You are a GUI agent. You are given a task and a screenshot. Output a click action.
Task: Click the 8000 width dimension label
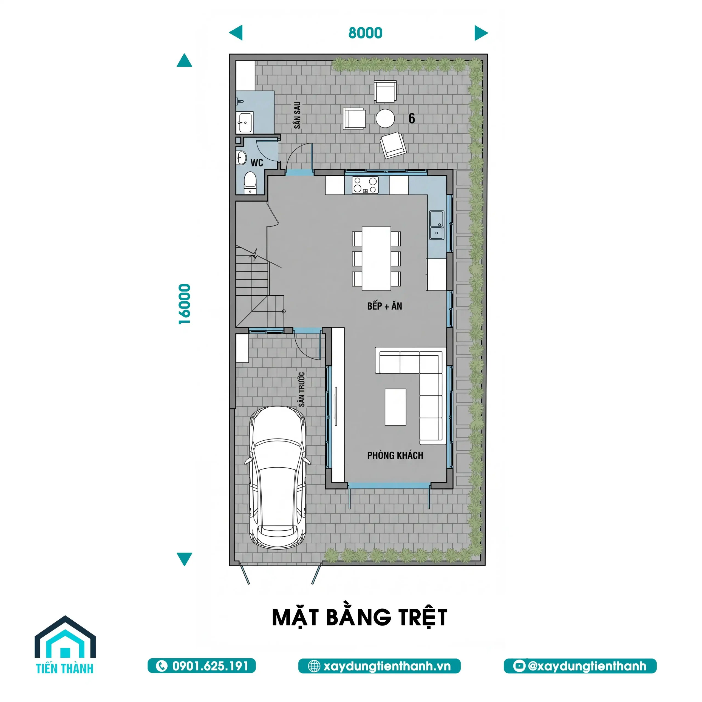click(x=365, y=33)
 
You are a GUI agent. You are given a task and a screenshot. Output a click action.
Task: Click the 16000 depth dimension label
click(x=185, y=304)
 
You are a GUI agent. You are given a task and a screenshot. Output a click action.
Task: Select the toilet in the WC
click(x=250, y=183)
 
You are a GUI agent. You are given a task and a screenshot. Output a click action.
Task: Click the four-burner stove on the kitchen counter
click(x=365, y=185)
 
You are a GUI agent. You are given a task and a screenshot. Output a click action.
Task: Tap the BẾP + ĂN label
click(x=384, y=306)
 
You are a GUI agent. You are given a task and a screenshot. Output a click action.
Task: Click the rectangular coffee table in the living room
click(x=395, y=407)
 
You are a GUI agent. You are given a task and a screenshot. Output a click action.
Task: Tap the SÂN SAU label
click(x=297, y=115)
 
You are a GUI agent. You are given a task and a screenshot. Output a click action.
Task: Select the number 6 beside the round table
click(x=411, y=118)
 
